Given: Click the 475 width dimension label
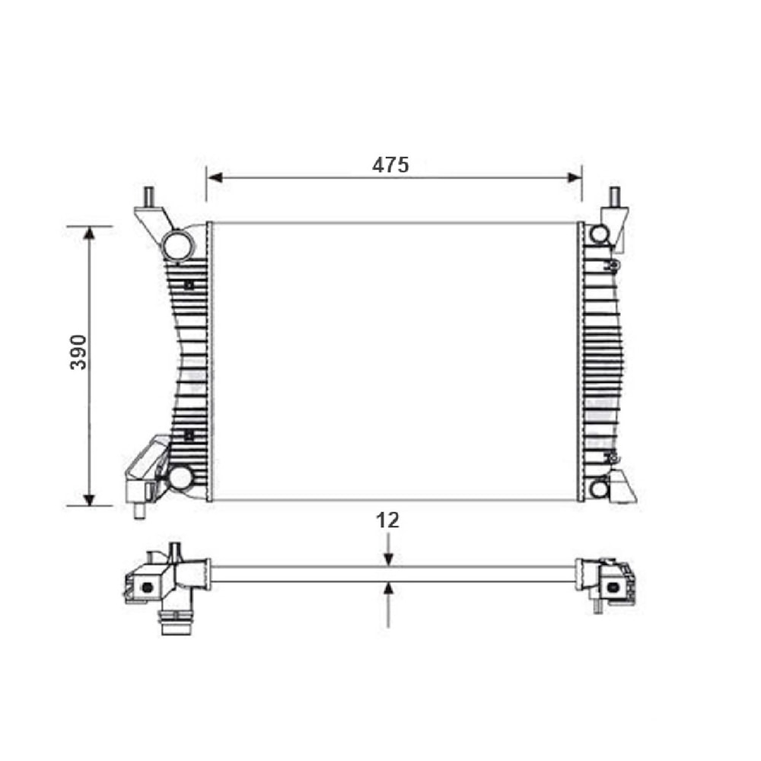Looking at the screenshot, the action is pos(390,165).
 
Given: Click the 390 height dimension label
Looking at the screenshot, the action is pos(78,352).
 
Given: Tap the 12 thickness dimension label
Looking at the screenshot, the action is pos(387,521).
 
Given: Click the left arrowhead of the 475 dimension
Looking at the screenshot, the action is pos(215,177).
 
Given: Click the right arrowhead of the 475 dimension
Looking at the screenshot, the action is pos(574,177).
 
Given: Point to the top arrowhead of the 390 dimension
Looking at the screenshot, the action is pos(89,234).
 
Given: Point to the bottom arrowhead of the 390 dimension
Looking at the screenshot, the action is pos(89,498).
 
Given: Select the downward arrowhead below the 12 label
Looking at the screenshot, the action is pos(388,559).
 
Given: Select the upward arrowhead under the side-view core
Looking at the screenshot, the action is pos(388,589).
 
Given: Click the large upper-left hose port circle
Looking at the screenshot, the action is pos(177,246).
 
